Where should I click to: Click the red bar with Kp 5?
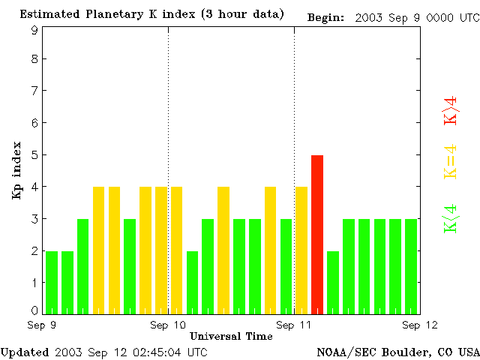[317, 234]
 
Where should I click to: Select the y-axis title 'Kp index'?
[16, 170]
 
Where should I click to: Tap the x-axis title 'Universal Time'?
[231, 336]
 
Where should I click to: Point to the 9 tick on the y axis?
[34, 30]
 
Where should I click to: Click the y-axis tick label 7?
[34, 91]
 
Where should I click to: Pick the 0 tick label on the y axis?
[34, 310]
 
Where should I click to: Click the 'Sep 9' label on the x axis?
[42, 325]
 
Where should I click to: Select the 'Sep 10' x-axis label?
[168, 325]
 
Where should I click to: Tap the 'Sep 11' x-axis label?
[294, 325]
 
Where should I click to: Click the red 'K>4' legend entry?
[451, 110]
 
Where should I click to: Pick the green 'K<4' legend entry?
[451, 218]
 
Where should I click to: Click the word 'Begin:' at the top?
[326, 17]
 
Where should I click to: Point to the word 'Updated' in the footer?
[24, 352]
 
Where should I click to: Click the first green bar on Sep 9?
[52, 282]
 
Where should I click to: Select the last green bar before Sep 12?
[411, 266]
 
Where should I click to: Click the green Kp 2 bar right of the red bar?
[333, 282]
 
